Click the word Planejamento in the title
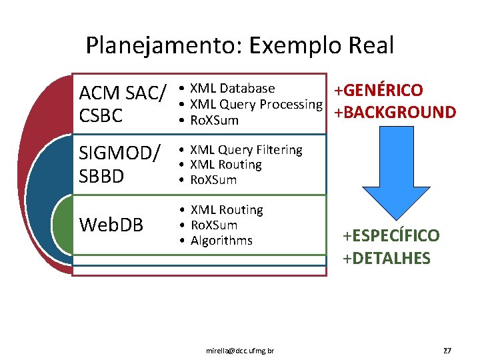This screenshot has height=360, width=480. (x=163, y=46)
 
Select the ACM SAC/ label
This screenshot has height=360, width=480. (x=122, y=93)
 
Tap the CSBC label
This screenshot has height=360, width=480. (x=101, y=116)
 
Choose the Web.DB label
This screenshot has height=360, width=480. (x=111, y=225)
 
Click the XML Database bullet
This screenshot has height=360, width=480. (x=232, y=89)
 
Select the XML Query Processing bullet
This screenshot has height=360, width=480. (x=256, y=104)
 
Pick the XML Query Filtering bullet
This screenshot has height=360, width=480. (x=246, y=150)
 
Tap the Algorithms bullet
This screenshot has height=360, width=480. (x=221, y=240)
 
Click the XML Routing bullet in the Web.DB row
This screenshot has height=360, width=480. (x=227, y=210)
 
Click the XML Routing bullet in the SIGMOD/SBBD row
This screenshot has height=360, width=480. (x=226, y=165)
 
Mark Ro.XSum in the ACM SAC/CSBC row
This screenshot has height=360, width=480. (x=214, y=120)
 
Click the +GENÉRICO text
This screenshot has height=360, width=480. (x=378, y=91)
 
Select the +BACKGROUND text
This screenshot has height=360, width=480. (x=395, y=112)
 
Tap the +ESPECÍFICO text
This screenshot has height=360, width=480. (x=391, y=235)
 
